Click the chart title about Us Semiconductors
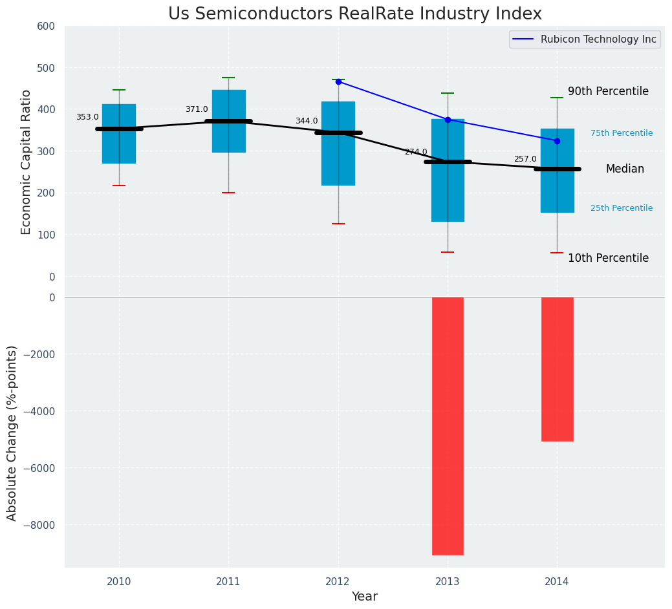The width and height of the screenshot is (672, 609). [x=354, y=14]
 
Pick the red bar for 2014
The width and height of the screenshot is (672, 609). [x=557, y=369]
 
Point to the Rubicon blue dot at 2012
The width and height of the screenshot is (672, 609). [x=338, y=81]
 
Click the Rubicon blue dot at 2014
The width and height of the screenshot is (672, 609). [x=557, y=141]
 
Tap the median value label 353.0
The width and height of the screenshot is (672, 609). [x=87, y=117]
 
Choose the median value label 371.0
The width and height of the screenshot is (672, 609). [x=197, y=109]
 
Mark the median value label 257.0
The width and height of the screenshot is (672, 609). [x=525, y=159]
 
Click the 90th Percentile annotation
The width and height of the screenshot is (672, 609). [x=608, y=92]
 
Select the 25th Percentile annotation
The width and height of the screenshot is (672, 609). [x=622, y=208]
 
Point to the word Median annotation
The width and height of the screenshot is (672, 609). [x=625, y=169]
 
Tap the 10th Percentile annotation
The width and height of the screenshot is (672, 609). [x=608, y=258]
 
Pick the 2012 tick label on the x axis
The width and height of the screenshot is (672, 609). [x=338, y=581]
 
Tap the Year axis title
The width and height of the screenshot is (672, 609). [x=365, y=597]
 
